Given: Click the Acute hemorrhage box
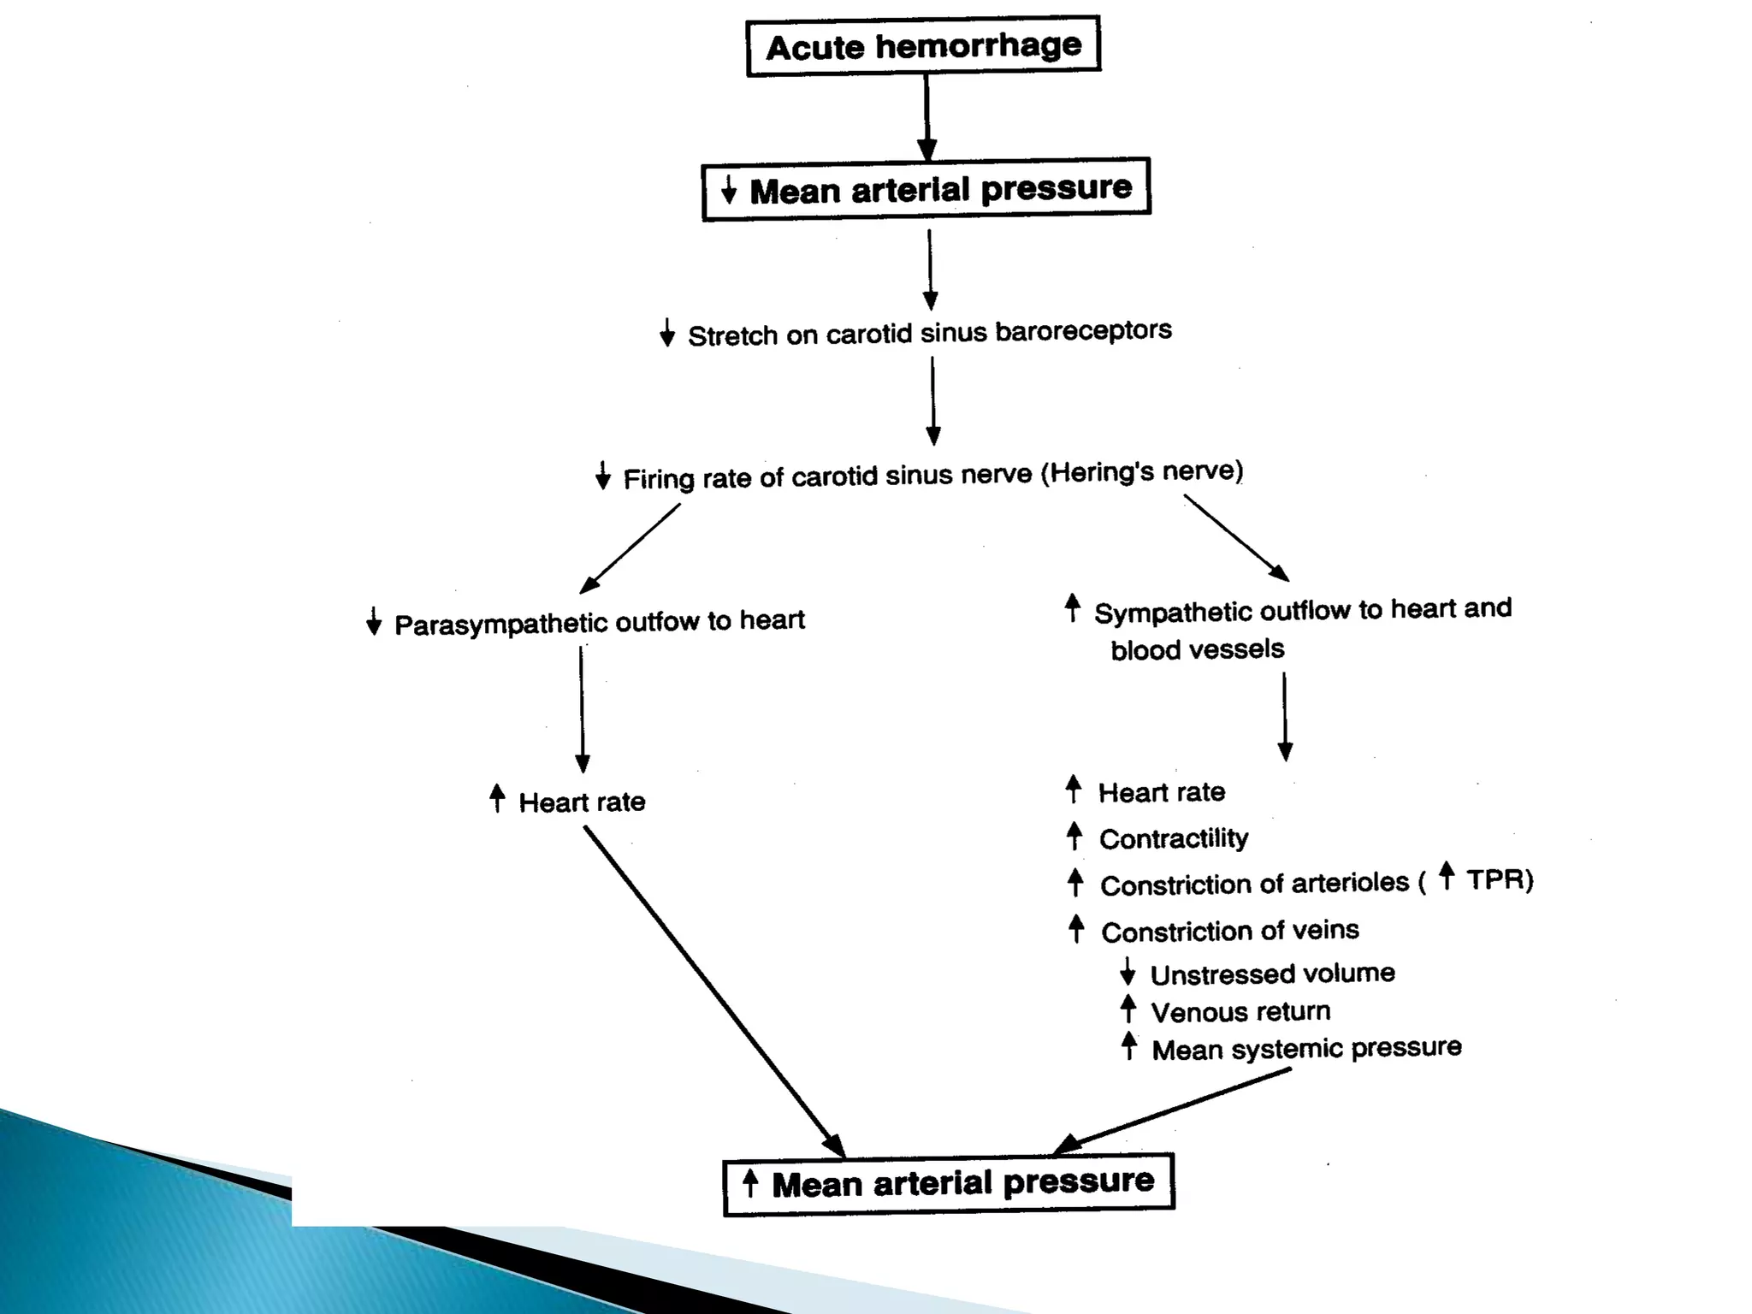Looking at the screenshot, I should pos(923,46).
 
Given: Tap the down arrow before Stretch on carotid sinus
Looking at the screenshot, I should pos(667,333).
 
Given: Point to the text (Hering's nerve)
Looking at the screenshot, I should pos(1141,471).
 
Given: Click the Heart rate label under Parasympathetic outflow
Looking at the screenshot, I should pos(582,802).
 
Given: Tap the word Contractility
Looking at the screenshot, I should pos(1173,838).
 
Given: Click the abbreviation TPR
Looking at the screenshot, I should pos(1499,879).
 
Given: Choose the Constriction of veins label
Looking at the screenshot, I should pos(1229,931).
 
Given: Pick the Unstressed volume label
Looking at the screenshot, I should pos(1272,974).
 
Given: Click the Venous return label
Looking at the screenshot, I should pos(1240,1012).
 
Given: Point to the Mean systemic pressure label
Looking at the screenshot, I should pos(1306,1049).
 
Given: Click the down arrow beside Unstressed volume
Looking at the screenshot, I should pos(1128,972).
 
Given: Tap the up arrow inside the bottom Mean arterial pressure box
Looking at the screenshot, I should pos(750,1183).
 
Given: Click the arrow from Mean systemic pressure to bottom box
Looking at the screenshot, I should pos(1172,1111).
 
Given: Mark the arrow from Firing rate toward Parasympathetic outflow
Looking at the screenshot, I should pos(630,548).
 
